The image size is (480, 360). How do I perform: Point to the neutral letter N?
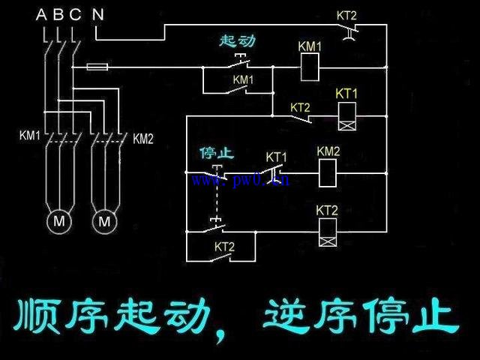coord(97,13)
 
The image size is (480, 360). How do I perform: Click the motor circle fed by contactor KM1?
coord(58,221)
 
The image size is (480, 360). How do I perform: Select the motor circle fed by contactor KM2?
coord(104,221)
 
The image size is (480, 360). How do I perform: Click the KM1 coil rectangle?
coord(310,69)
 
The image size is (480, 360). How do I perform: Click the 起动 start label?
coord(238,40)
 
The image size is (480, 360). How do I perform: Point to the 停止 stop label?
coord(217,153)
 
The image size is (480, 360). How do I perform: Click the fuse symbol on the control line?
coord(97,67)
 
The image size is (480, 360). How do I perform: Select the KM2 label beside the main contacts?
coord(142,138)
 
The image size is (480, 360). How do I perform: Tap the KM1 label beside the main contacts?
coord(30,136)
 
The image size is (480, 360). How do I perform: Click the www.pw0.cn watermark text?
coord(240,179)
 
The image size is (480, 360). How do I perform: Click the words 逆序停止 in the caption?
coord(360,318)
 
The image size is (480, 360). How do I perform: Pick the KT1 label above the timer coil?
coord(346,94)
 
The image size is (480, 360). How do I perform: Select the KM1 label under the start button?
coord(243,79)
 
